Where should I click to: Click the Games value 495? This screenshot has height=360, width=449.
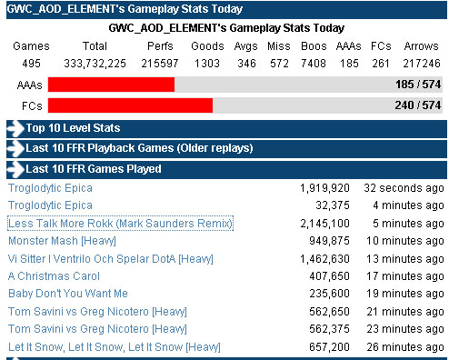coord(31,64)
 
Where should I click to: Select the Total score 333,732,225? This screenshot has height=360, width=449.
coord(95,64)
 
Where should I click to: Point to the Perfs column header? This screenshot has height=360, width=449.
coord(160,46)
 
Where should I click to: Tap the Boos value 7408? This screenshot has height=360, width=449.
coord(314,64)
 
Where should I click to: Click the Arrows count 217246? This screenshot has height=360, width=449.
coord(422,64)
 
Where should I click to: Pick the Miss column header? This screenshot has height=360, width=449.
coord(279,46)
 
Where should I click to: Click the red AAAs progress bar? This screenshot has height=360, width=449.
coord(111,85)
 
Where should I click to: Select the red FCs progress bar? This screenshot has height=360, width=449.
coord(130,105)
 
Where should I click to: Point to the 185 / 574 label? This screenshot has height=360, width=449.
coord(418,85)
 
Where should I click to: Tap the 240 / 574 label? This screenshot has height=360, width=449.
coord(418,105)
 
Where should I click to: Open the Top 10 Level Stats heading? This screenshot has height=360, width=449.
coord(73,128)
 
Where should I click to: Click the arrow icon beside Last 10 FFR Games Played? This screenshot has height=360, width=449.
coord(15,169)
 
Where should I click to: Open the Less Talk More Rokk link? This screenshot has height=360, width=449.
coord(120,224)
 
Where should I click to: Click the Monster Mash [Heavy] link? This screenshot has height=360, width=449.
coord(62,241)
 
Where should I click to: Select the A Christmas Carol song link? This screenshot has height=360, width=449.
coord(54,276)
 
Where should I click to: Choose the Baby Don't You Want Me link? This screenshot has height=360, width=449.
coord(68,294)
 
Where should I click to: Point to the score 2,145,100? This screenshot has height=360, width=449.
coord(324,224)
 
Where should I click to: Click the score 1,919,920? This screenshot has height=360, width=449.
coord(324,188)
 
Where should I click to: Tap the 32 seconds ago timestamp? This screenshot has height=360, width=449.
coord(404,188)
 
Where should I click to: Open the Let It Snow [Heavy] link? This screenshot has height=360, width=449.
coord(115,347)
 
